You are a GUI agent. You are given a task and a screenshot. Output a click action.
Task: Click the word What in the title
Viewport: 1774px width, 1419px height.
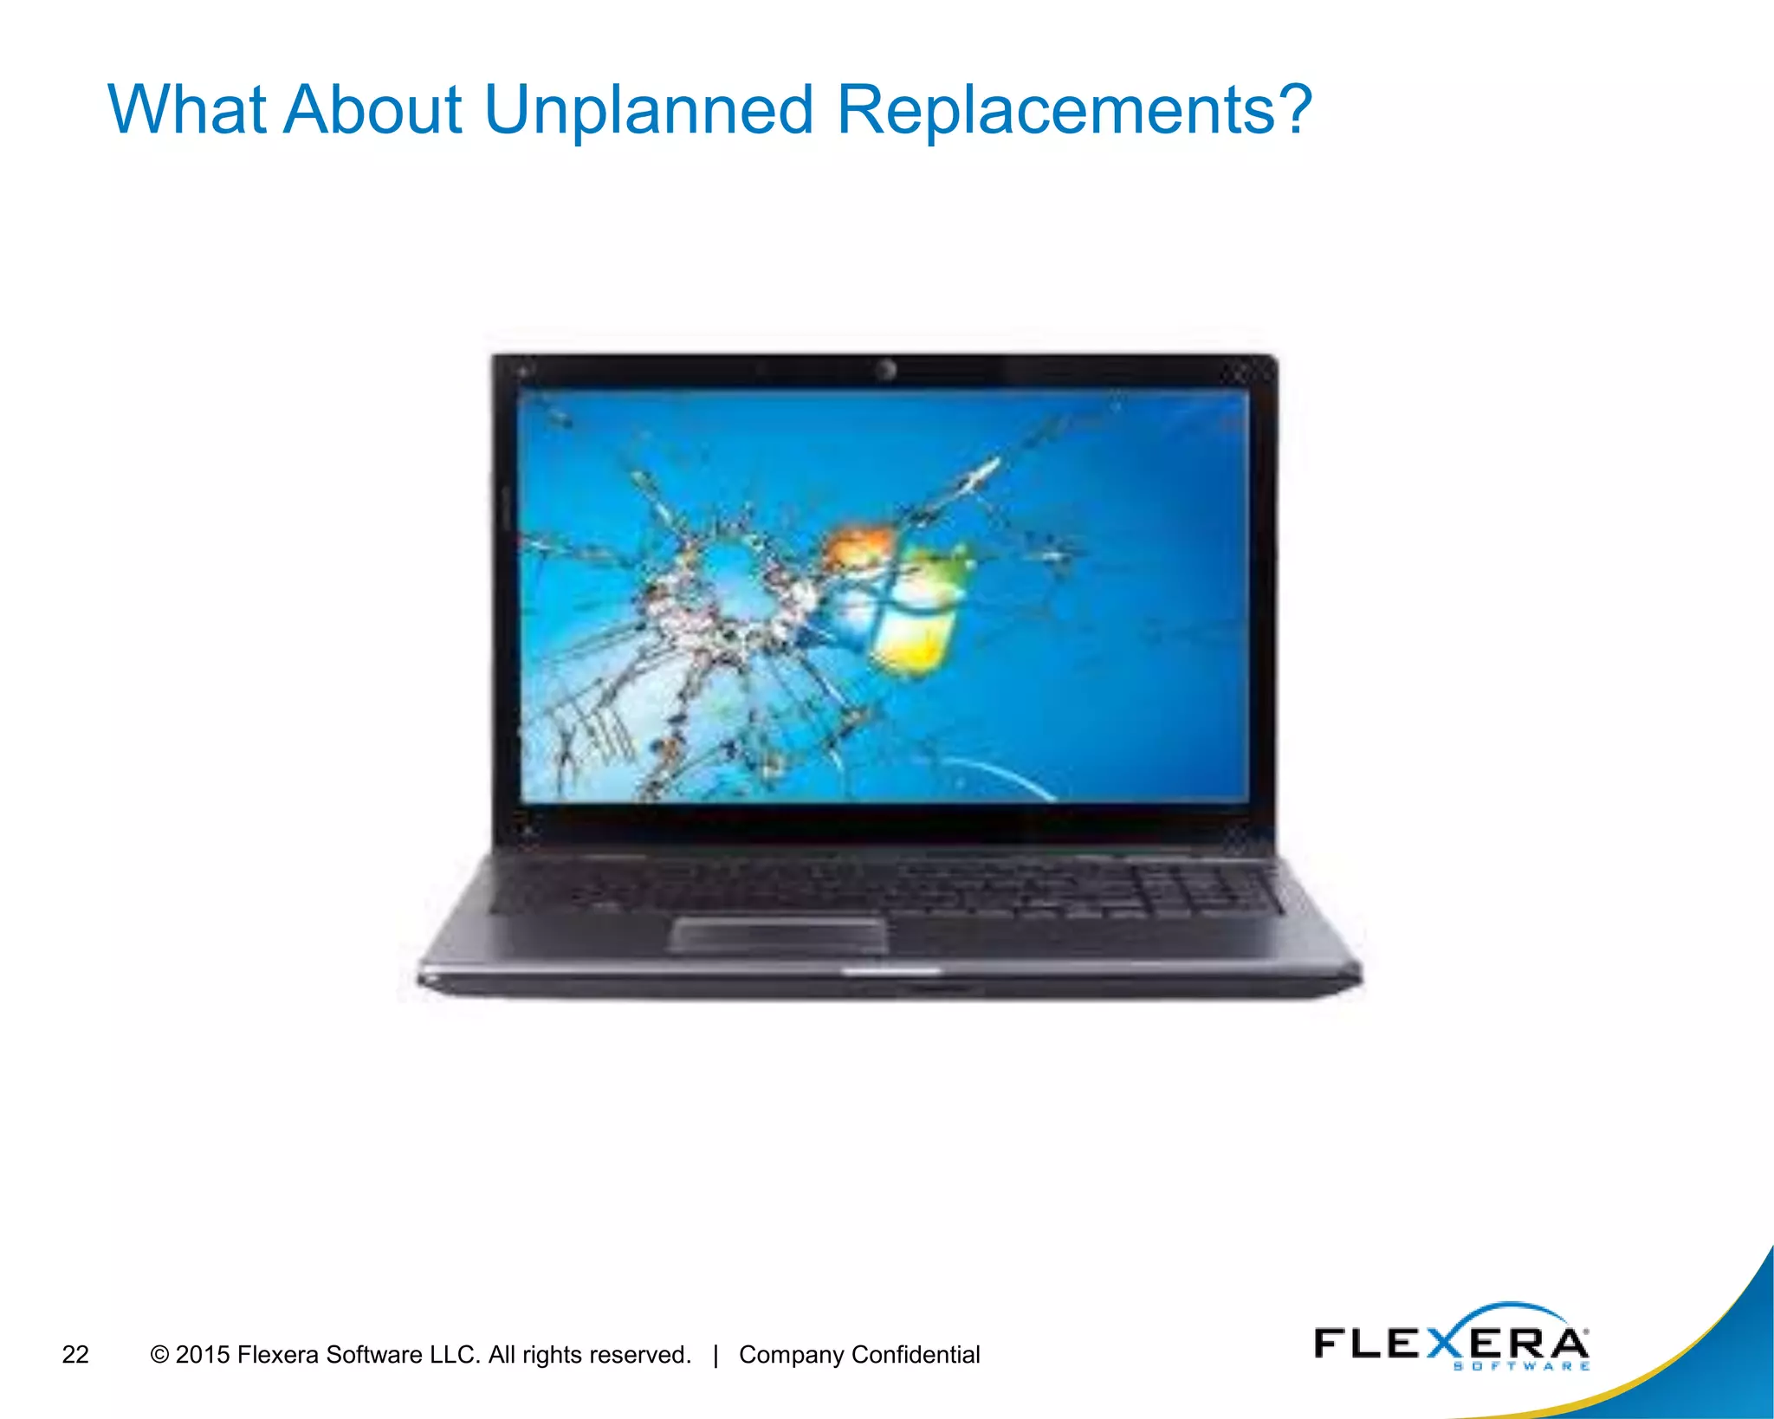pyautogui.click(x=186, y=110)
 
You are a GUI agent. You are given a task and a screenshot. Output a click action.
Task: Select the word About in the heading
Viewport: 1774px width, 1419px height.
pyautogui.click(x=373, y=110)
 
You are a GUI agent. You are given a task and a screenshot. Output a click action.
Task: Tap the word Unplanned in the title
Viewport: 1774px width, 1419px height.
pyautogui.click(x=649, y=112)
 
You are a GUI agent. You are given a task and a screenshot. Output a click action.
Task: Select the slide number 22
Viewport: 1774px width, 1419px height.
pyautogui.click(x=75, y=1354)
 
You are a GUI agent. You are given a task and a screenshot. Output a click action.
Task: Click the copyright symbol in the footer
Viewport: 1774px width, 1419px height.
pyautogui.click(x=159, y=1354)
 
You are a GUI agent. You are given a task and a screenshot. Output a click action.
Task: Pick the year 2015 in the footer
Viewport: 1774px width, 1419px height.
pyautogui.click(x=203, y=1354)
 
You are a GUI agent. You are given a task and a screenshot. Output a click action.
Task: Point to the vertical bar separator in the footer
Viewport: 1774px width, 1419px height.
pyautogui.click(x=715, y=1355)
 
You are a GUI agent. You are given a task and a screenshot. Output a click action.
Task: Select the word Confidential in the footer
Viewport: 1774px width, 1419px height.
pyautogui.click(x=916, y=1354)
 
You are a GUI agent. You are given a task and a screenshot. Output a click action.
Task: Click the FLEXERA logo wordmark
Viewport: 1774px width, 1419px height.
pyautogui.click(x=1450, y=1342)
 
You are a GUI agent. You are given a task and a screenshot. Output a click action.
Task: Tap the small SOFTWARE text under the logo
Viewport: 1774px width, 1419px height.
pyautogui.click(x=1521, y=1367)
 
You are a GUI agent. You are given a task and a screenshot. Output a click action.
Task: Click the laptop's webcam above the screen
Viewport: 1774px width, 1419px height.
pyautogui.click(x=884, y=371)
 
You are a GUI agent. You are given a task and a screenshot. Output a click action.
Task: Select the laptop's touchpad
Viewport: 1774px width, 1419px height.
pyautogui.click(x=779, y=936)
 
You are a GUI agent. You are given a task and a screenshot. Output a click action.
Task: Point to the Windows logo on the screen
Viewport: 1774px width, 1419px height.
pyautogui.click(x=897, y=598)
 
